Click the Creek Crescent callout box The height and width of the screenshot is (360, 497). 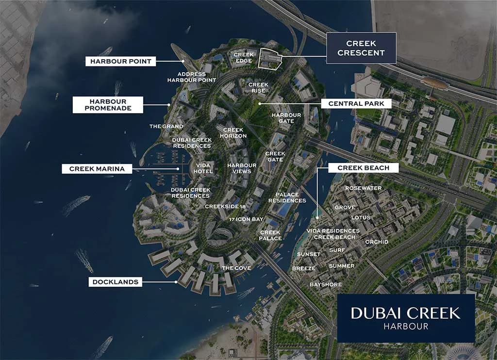(361, 48)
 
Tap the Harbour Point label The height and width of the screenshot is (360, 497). (121, 62)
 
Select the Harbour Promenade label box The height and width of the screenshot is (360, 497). (108, 105)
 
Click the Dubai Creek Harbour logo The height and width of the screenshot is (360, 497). (405, 317)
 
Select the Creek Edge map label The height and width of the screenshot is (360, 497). (244, 58)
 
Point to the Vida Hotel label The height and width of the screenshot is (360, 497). (203, 168)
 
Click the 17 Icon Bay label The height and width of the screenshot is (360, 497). (247, 220)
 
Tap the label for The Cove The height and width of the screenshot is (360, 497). (236, 268)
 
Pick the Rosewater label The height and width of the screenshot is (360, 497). (363, 188)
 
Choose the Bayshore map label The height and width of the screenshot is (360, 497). (326, 284)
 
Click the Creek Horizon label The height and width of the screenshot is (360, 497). (233, 133)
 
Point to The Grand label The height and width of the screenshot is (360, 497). (166, 127)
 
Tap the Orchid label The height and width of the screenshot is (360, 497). (377, 242)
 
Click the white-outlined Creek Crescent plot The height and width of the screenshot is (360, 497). (270, 59)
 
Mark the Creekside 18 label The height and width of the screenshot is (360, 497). (225, 207)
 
